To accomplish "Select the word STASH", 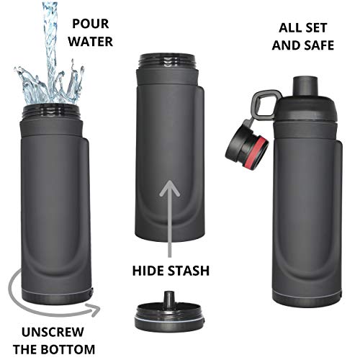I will click(x=186, y=272).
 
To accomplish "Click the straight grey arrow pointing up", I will click(x=170, y=216).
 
